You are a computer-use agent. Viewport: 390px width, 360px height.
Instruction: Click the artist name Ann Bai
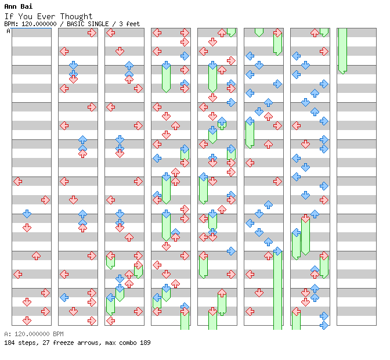pyautogui.click(x=19, y=6)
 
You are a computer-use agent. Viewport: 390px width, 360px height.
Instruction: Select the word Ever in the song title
pyautogui.click(x=46, y=16)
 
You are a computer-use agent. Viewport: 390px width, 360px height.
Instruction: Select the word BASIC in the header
pyautogui.click(x=75, y=24)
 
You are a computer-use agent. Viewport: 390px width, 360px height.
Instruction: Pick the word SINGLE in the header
pyautogui.click(x=98, y=24)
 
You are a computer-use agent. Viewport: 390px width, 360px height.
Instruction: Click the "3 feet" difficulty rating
pyautogui.click(x=129, y=24)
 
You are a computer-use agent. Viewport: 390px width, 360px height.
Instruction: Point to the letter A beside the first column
pyautogui.click(x=8, y=31)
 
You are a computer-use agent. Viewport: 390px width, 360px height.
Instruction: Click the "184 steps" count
pyautogui.click(x=21, y=343)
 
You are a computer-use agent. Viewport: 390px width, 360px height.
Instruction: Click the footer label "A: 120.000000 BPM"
pyautogui.click(x=34, y=334)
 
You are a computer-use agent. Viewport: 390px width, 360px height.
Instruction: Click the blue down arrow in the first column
pyautogui.click(x=27, y=214)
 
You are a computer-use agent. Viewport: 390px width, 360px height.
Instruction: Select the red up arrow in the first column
pyautogui.click(x=37, y=255)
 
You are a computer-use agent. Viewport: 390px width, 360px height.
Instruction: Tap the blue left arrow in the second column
pyautogui.click(x=64, y=297)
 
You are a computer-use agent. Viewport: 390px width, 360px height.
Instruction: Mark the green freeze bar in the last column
pyautogui.click(x=343, y=51)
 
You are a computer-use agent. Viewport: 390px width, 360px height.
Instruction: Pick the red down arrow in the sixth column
pyautogui.click(x=259, y=293)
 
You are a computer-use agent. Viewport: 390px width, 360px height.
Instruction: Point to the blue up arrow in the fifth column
pyautogui.click(x=222, y=121)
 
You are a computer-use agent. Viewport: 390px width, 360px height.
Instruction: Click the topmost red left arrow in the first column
pyautogui.click(x=17, y=181)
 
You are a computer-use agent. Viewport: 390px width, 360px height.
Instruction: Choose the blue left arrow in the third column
pyautogui.click(x=110, y=297)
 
